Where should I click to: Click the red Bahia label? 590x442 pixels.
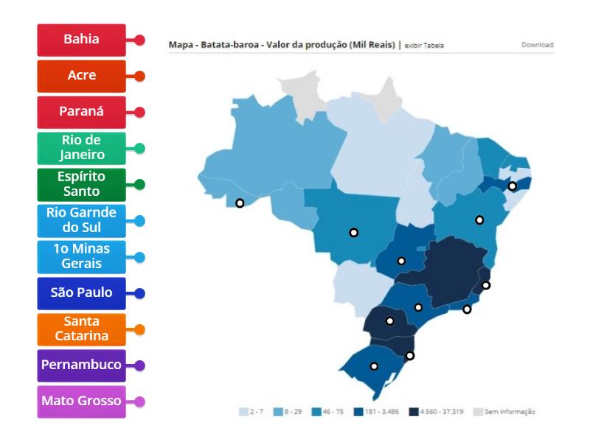(x=81, y=40)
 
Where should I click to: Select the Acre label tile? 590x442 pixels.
(x=81, y=76)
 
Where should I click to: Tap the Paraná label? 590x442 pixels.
(x=81, y=112)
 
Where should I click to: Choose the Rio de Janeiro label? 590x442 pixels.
(x=81, y=148)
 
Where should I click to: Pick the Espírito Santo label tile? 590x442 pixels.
(x=81, y=184)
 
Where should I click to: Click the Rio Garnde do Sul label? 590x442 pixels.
(x=81, y=220)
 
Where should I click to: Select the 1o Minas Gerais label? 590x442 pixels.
(x=81, y=256)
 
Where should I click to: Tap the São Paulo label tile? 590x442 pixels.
(x=81, y=292)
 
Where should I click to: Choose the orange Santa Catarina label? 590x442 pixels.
(x=81, y=329)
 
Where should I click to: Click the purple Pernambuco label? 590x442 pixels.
(x=81, y=365)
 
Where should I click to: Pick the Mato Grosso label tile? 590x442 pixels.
(x=81, y=401)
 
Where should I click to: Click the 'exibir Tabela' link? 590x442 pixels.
(x=424, y=46)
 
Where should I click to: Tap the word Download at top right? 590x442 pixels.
(x=538, y=45)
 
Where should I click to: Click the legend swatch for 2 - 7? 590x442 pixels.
(x=243, y=412)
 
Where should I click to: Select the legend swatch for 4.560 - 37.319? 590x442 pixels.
(x=414, y=412)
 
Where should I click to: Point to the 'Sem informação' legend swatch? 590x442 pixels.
(x=477, y=412)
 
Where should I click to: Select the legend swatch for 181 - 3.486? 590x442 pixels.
(x=358, y=412)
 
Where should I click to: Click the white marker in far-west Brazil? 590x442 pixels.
(x=239, y=203)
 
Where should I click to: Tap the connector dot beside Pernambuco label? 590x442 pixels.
(x=139, y=365)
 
